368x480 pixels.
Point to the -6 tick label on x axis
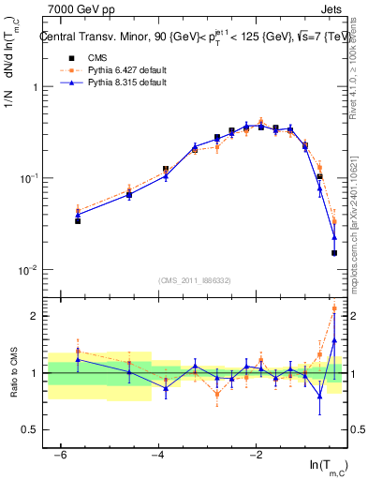coord(60,455)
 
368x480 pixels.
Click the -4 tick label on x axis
coord(158,455)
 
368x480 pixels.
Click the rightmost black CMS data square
coord(334,253)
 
